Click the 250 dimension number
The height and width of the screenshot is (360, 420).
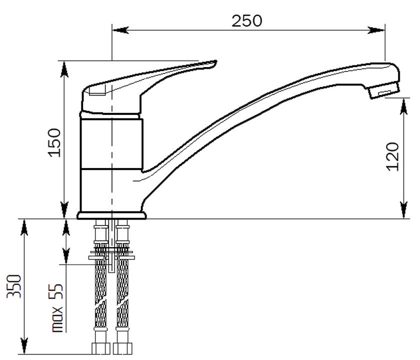pos(246,21)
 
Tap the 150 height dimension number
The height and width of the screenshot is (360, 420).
pos(54,143)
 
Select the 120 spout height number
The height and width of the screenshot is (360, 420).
pos(392,156)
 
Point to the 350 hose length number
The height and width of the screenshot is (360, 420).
pos(14,286)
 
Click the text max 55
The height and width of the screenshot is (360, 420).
pos(57,307)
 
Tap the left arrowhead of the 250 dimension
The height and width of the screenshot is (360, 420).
pos(120,30)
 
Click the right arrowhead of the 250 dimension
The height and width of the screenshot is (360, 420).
pos(376,30)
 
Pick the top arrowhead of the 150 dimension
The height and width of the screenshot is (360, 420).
pos(64,69)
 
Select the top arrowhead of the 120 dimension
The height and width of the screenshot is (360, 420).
pos(403,106)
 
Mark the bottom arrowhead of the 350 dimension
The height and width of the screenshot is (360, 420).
pos(24,346)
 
